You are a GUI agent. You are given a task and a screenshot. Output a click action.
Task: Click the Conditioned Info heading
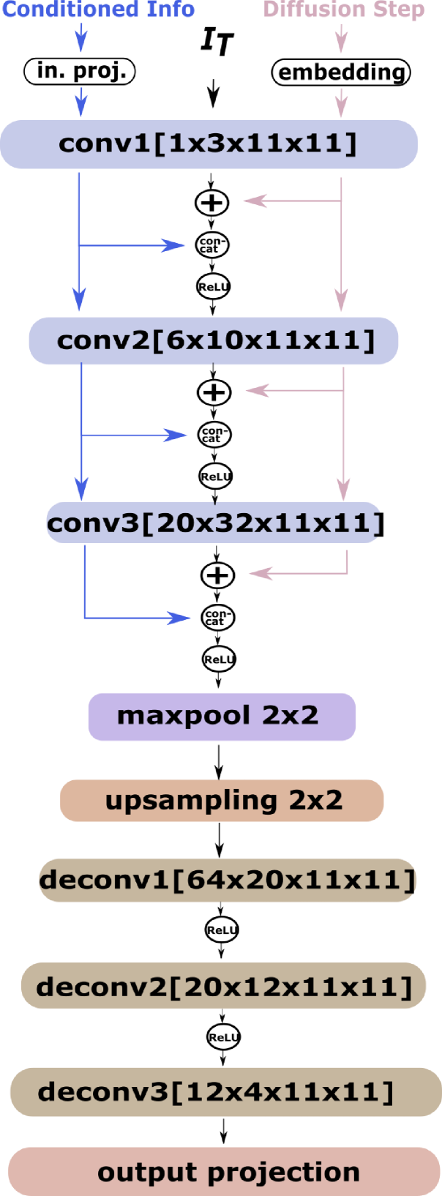coord(99,10)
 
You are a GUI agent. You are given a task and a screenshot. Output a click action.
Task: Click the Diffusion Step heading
coord(343,10)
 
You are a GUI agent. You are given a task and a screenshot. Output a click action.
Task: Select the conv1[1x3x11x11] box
coord(209,144)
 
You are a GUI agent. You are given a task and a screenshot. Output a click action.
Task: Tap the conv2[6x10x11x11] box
coord(214,340)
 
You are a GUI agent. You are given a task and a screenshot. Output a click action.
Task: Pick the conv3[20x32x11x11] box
coord(214,523)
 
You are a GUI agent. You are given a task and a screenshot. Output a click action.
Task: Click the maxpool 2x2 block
coord(222,717)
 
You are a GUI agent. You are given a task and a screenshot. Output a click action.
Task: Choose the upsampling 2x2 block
coord(222,800)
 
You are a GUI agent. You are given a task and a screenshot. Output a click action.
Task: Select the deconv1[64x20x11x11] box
coord(227,880)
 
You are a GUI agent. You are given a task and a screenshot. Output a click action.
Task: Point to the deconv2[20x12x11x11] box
coord(223,986)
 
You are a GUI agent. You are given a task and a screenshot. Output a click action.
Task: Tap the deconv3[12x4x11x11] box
coord(225,1092)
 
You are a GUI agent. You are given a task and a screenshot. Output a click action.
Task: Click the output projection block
coord(224,1171)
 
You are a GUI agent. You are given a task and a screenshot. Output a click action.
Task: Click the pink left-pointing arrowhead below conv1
coord(254,200)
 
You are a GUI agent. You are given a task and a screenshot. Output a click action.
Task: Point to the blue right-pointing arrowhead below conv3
coord(179,618)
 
